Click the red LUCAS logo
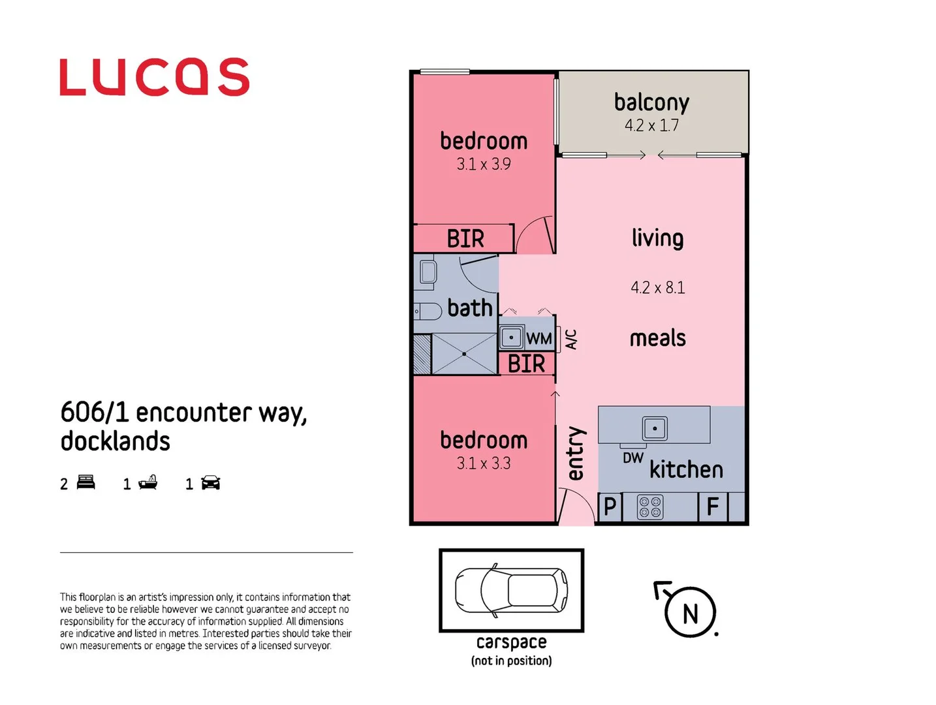click(x=154, y=77)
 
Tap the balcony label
click(x=651, y=102)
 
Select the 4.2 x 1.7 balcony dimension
click(x=651, y=125)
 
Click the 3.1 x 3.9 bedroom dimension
click(x=483, y=164)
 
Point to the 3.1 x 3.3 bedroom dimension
click(x=483, y=463)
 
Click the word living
click(x=657, y=238)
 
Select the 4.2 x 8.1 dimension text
click(x=657, y=288)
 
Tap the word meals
click(x=657, y=338)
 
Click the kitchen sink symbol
click(x=655, y=428)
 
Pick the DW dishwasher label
click(x=632, y=458)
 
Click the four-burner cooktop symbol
click(x=649, y=507)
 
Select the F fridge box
click(x=713, y=507)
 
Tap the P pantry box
click(x=610, y=507)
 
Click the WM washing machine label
click(x=539, y=339)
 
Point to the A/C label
click(x=570, y=339)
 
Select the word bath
click(x=470, y=308)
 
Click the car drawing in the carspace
click(x=511, y=590)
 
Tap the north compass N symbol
click(x=690, y=613)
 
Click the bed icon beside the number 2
click(x=86, y=482)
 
